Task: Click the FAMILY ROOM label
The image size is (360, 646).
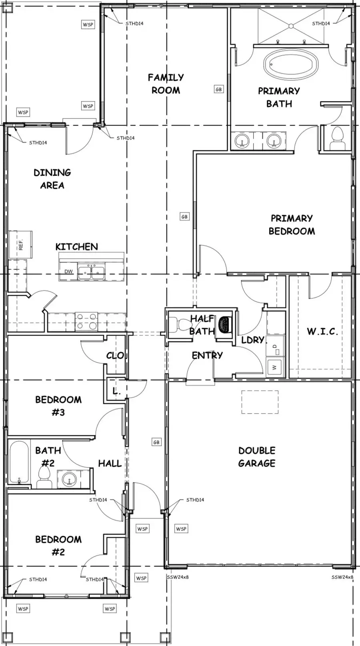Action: pyautogui.click(x=166, y=84)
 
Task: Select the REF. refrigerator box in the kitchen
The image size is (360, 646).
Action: pyautogui.click(x=20, y=244)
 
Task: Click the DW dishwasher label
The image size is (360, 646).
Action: pyautogui.click(x=68, y=271)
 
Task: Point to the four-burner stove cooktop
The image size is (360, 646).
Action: pyautogui.click(x=87, y=321)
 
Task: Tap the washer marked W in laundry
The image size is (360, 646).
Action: pyautogui.click(x=275, y=367)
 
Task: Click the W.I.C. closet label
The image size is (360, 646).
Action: pyautogui.click(x=322, y=331)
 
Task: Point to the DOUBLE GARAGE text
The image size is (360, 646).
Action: pyautogui.click(x=257, y=457)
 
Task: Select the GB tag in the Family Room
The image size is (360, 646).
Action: pyautogui.click(x=218, y=90)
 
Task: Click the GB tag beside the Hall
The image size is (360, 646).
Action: pyautogui.click(x=156, y=442)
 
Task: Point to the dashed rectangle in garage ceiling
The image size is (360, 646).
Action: pyautogui.click(x=260, y=402)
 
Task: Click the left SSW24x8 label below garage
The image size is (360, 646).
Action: pyautogui.click(x=178, y=577)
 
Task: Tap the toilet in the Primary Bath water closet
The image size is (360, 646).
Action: pyautogui.click(x=338, y=139)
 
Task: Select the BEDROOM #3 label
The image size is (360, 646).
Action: pyautogui.click(x=58, y=406)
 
